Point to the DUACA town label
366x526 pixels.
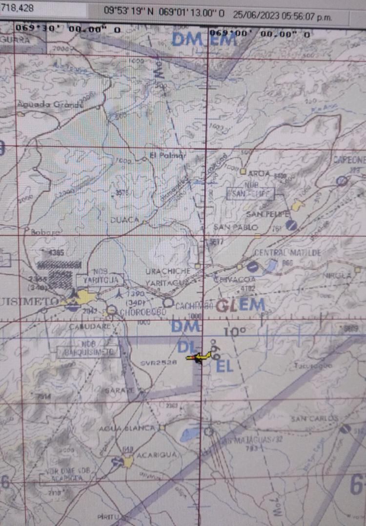click(124, 220)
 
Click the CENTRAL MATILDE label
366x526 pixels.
click(288, 253)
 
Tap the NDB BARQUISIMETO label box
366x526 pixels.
click(88, 350)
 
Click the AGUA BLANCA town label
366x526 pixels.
click(127, 428)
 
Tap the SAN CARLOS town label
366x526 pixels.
click(314, 418)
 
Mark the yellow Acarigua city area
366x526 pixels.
click(128, 461)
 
